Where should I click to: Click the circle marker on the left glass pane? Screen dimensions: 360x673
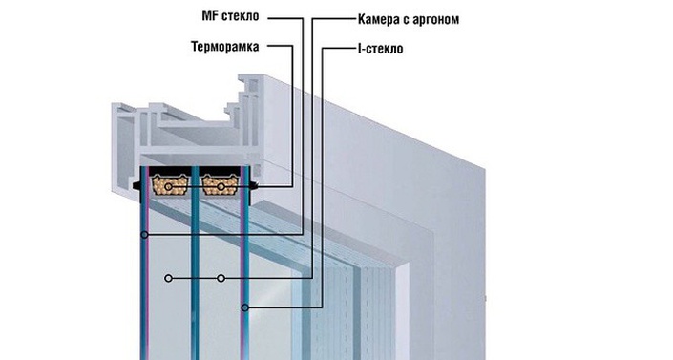pos(144,234)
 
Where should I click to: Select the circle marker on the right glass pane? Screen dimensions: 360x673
pos(245,307)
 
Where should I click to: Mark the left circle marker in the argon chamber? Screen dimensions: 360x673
pos(168,279)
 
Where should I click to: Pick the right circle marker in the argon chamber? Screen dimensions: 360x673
pos(221,279)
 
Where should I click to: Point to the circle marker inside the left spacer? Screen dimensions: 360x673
pos(169,188)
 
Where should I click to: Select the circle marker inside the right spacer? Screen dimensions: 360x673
pos(221,188)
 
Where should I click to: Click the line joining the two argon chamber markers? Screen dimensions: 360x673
pos(195,279)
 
